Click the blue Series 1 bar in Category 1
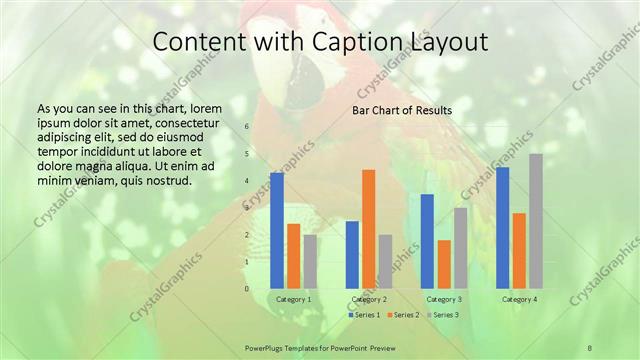[277, 230]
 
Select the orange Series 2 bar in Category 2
[369, 228]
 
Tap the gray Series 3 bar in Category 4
[536, 221]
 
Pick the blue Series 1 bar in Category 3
[427, 241]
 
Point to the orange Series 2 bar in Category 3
[444, 264]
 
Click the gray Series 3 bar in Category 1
[310, 261]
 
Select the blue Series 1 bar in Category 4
[502, 227]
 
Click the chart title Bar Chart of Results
[402, 110]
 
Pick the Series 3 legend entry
[443, 315]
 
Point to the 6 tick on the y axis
[247, 127]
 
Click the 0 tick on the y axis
[247, 289]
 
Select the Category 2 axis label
[369, 299]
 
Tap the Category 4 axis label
[519, 299]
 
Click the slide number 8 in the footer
[590, 347]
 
